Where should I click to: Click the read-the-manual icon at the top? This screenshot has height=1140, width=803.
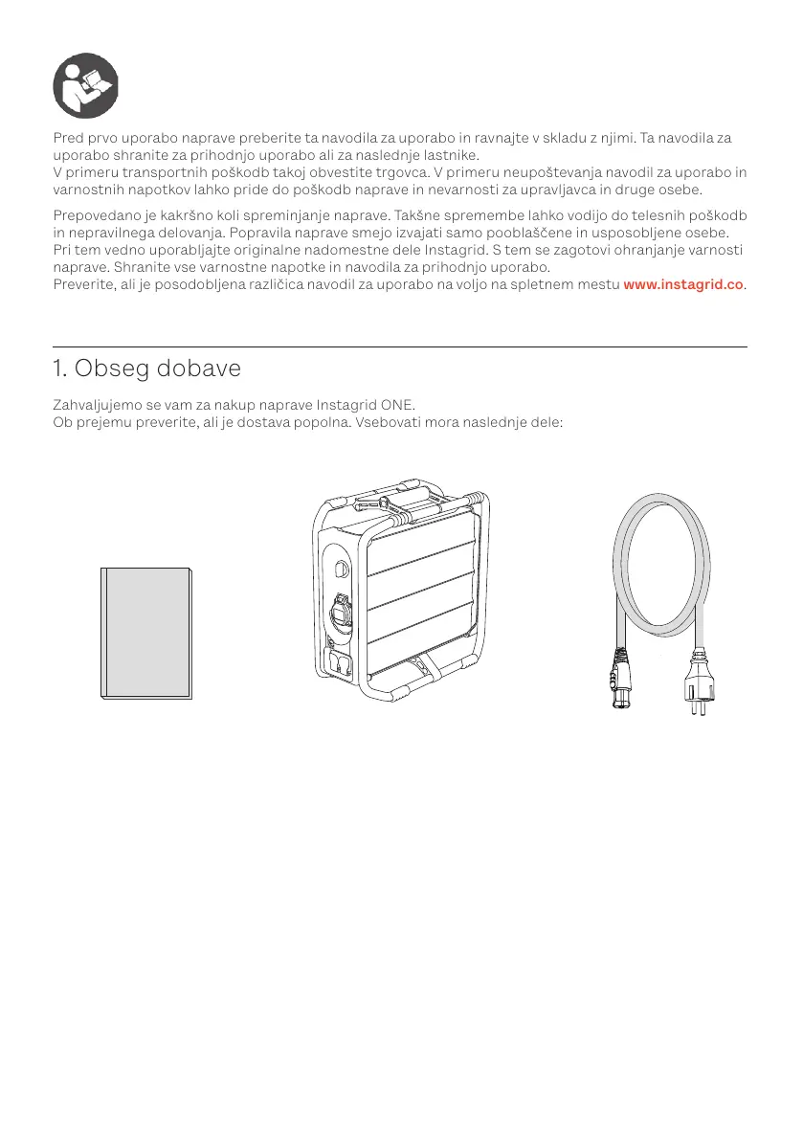[x=85, y=85]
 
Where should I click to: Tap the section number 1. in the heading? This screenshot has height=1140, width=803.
[x=59, y=368]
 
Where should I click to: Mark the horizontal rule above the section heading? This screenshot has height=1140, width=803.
[x=400, y=346]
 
